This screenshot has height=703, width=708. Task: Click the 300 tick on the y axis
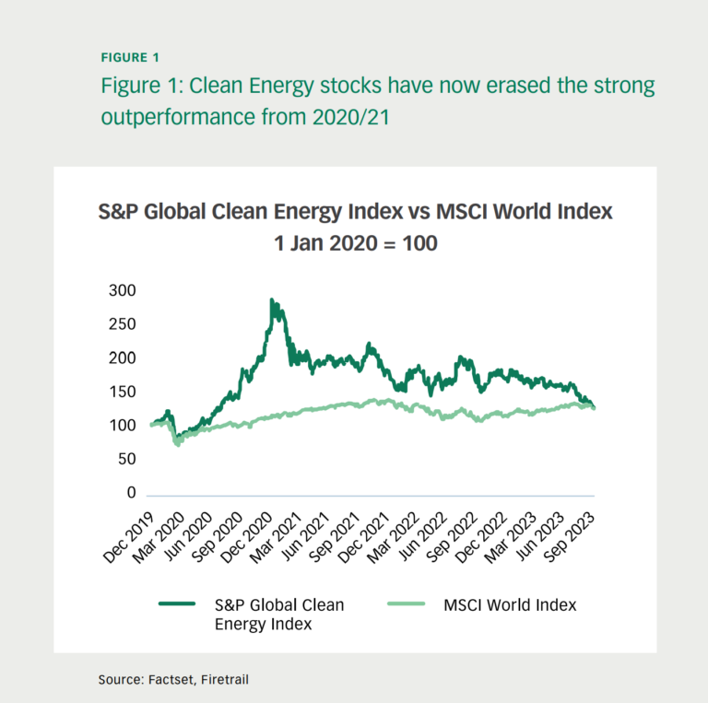[x=122, y=290]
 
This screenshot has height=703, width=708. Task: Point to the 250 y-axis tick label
[x=122, y=324]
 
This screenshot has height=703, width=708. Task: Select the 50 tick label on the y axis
[x=125, y=459]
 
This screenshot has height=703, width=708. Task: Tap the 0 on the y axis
[x=131, y=493]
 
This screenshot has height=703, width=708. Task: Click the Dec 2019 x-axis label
[x=124, y=532]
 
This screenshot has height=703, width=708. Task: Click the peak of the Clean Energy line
[x=271, y=299]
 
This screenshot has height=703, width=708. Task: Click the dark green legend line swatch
[x=177, y=604]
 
